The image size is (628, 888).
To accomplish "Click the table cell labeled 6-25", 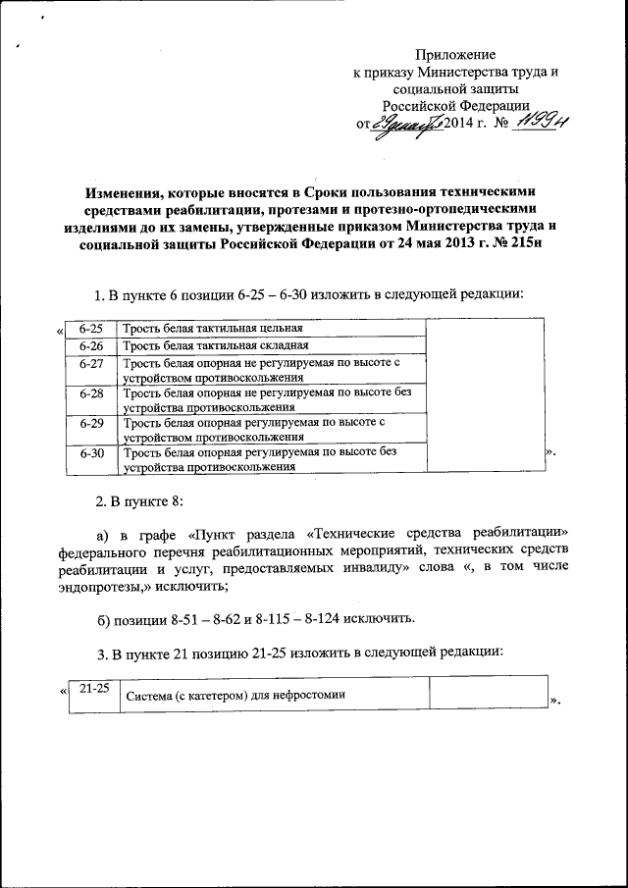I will [90, 328].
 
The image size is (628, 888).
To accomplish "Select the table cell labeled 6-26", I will [90, 346].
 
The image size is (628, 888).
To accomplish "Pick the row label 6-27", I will [90, 364].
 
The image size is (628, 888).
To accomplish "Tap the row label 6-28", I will [90, 392].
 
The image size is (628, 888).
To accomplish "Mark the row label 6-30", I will [90, 453].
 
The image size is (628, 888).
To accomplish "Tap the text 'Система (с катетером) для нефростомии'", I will [235, 696].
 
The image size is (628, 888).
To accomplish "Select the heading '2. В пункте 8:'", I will [139, 502].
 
